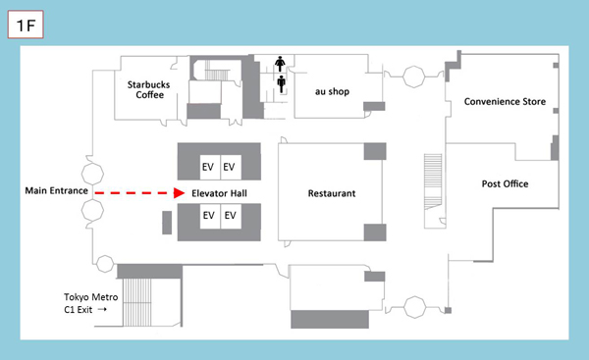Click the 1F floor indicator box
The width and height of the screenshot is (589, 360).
pyautogui.click(x=26, y=25)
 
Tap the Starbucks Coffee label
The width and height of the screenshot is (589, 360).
pyautogui.click(x=149, y=89)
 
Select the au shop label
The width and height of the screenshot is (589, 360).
pyautogui.click(x=332, y=91)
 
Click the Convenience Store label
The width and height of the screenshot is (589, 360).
pyautogui.click(x=505, y=101)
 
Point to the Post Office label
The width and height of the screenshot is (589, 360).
pyautogui.click(x=505, y=184)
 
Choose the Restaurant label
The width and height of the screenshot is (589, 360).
pyautogui.click(x=332, y=193)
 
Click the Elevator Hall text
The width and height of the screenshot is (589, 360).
pyautogui.click(x=219, y=193)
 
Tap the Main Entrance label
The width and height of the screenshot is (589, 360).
pyautogui.click(x=56, y=190)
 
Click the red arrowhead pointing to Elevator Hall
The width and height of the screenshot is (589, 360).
pyautogui.click(x=179, y=193)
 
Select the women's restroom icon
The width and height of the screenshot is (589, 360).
pyautogui.click(x=280, y=64)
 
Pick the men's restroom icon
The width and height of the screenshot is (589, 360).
pyautogui.click(x=282, y=84)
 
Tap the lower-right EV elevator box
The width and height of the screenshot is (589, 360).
pyautogui.click(x=231, y=216)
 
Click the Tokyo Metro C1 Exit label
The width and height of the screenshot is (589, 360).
pyautogui.click(x=90, y=303)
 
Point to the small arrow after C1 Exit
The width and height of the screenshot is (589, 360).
pyautogui.click(x=102, y=309)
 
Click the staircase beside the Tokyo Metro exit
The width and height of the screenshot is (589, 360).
pyautogui.click(x=136, y=302)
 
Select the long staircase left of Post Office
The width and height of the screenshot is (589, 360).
pyautogui.click(x=433, y=181)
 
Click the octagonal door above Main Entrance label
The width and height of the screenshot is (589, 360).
pyautogui.click(x=92, y=174)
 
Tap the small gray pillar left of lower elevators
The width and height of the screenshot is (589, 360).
pyautogui.click(x=167, y=223)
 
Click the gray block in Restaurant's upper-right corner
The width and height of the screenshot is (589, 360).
pyautogui.click(x=375, y=151)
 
